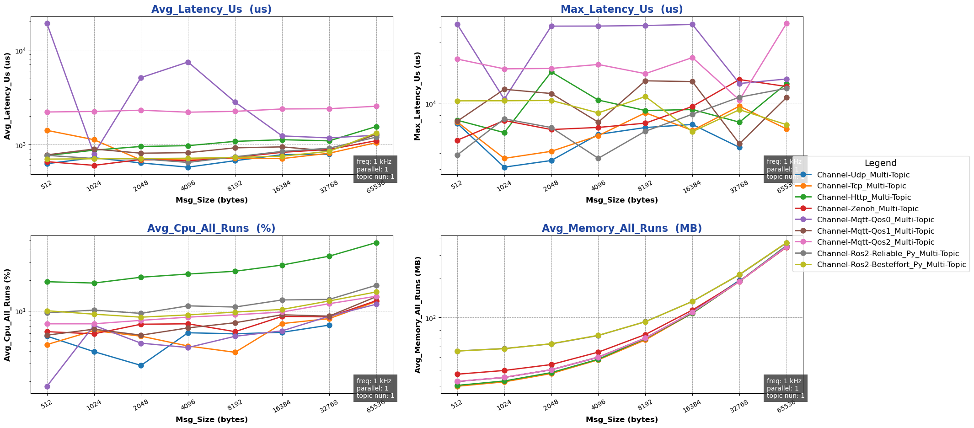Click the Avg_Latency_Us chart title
[x=211, y=10]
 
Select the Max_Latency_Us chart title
[x=621, y=10]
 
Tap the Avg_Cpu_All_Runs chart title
[x=211, y=229]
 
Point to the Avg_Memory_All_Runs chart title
[x=621, y=229]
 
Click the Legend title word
[x=880, y=163]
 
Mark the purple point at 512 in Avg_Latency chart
[x=47, y=23]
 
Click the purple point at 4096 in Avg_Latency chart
[x=188, y=62]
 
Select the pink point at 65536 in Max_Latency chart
[x=787, y=23]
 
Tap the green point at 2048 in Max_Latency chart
[x=551, y=72]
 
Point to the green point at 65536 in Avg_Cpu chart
[x=376, y=243]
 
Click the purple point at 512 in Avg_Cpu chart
[x=47, y=386]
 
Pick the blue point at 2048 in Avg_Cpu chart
[x=141, y=365]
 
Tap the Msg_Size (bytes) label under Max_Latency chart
[x=621, y=200]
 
